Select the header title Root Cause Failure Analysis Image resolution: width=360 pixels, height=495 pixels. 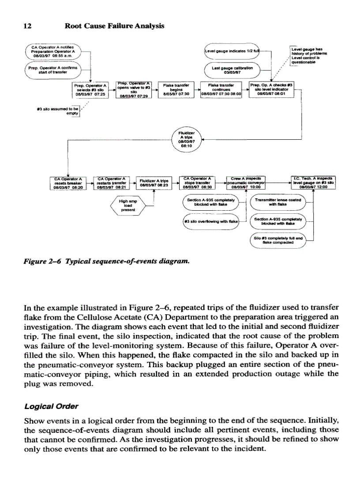coord(114,26)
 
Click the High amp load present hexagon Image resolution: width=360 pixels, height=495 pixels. coord(129,205)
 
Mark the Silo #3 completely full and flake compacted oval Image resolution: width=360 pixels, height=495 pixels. coord(277,239)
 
